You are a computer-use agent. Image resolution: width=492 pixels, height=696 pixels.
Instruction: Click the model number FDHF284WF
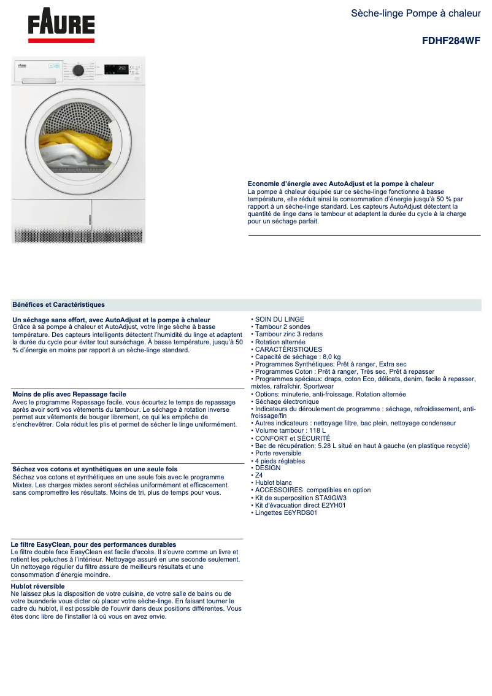point(451,41)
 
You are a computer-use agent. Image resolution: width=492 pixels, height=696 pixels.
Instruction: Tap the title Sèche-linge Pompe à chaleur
point(415,13)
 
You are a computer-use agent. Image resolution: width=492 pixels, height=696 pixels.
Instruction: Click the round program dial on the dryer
point(79,70)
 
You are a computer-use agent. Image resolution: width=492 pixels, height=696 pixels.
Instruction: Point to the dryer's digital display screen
point(118,68)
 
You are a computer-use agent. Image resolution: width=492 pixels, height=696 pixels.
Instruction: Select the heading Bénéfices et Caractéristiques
point(58,304)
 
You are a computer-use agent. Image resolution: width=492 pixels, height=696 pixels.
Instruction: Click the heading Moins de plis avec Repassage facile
point(69,394)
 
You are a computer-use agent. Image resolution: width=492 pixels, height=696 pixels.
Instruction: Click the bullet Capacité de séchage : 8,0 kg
point(298,357)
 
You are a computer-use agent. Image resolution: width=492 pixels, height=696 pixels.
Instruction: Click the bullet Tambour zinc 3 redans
point(288,334)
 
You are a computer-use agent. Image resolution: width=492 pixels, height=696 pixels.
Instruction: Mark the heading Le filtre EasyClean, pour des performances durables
point(94,544)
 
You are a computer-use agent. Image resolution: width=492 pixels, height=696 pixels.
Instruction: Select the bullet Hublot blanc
point(274,483)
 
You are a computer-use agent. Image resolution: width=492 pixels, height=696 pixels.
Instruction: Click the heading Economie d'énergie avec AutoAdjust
point(340,184)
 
